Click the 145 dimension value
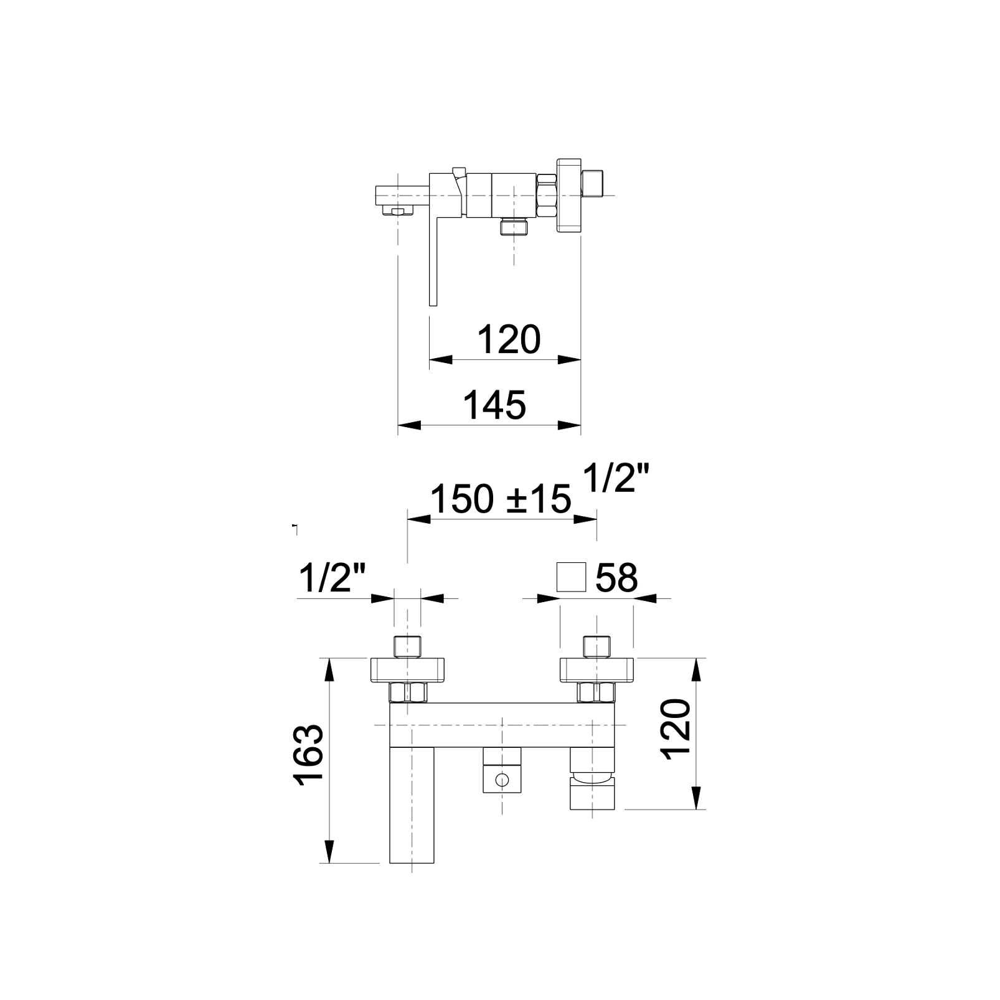[495, 405]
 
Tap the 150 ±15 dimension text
[501, 499]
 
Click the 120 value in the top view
[509, 340]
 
